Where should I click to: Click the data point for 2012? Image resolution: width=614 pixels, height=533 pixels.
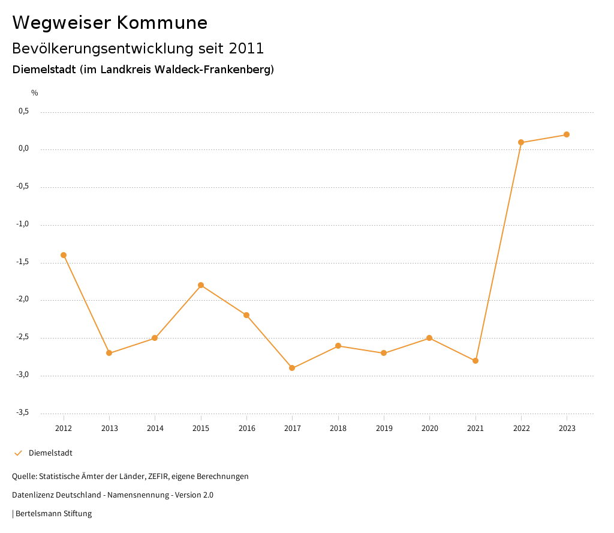click(x=64, y=255)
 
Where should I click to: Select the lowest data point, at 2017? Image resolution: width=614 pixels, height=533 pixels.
click(x=292, y=368)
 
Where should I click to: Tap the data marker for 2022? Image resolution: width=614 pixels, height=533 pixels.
click(x=521, y=142)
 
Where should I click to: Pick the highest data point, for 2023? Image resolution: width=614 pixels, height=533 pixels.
click(x=567, y=134)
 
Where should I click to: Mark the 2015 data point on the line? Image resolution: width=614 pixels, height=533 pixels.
click(x=201, y=285)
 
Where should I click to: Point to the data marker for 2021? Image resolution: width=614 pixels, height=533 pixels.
click(x=475, y=361)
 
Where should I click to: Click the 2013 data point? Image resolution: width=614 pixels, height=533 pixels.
click(x=109, y=353)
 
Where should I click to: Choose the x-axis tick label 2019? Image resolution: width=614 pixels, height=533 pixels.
click(x=384, y=429)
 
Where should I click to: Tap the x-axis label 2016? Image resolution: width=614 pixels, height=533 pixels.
click(x=246, y=429)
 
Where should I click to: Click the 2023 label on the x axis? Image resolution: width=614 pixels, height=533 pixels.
click(x=567, y=429)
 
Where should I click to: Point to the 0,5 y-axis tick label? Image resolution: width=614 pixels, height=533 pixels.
click(x=24, y=112)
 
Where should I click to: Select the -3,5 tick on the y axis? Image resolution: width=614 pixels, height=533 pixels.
click(x=22, y=413)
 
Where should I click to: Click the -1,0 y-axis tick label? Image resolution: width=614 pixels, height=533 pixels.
click(x=22, y=224)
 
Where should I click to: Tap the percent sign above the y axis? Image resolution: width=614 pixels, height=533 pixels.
click(x=35, y=93)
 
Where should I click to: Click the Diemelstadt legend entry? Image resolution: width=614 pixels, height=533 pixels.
click(x=50, y=453)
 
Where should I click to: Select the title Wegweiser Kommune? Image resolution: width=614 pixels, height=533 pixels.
click(x=110, y=23)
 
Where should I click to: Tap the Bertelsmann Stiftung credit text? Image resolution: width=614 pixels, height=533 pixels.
click(x=53, y=514)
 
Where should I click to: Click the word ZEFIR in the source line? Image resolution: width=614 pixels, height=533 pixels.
click(x=158, y=477)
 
